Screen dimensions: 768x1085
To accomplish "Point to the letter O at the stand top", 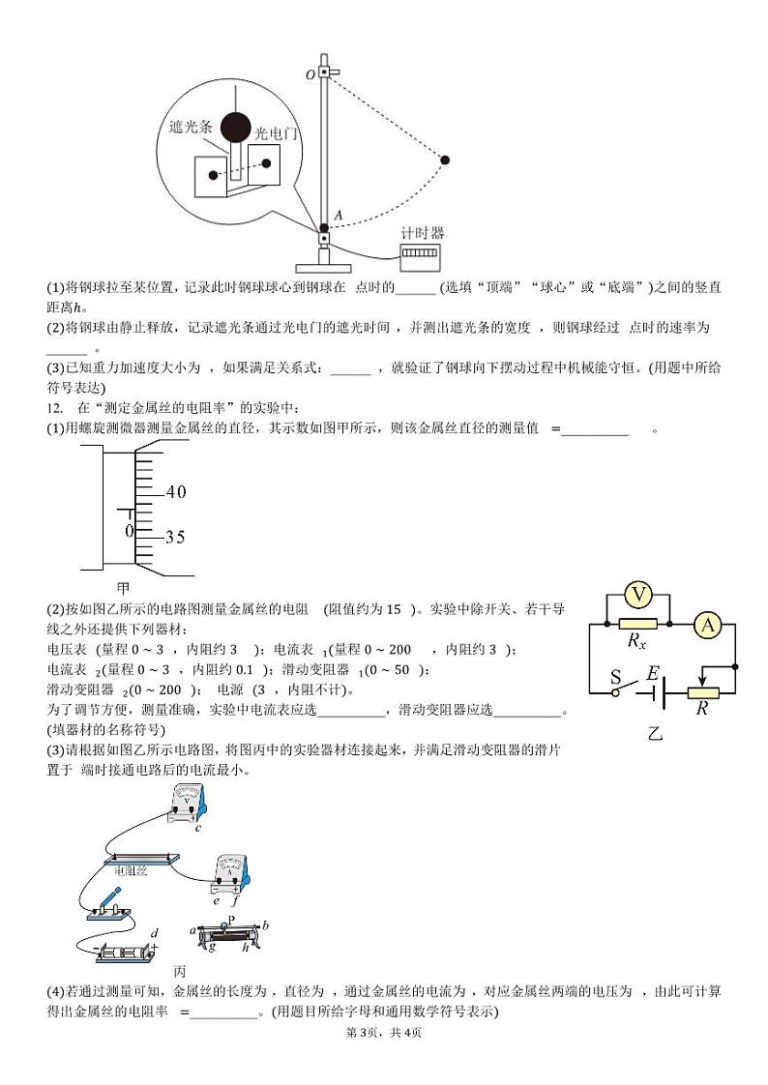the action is click(x=310, y=73).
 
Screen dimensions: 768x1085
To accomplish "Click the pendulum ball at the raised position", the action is click(x=445, y=160).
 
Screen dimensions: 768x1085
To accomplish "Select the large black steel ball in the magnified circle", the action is click(x=236, y=127).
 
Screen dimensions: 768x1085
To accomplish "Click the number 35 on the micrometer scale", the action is click(x=174, y=537).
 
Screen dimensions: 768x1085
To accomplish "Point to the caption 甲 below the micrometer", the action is click(x=123, y=587).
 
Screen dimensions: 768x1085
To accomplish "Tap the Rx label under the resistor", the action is click(x=636, y=641).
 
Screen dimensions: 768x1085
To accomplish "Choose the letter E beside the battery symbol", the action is click(x=653, y=673).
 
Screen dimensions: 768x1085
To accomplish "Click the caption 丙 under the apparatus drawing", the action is click(x=179, y=970).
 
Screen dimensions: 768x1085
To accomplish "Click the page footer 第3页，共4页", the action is click(x=383, y=1032).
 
